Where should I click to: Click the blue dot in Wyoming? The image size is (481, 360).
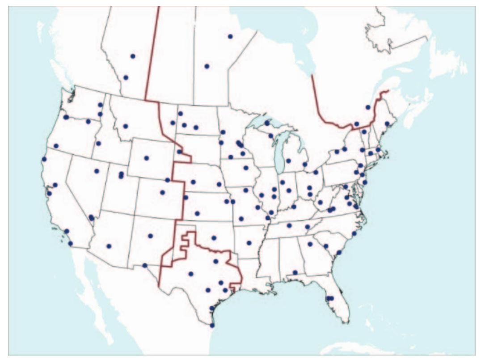click(x=146, y=158)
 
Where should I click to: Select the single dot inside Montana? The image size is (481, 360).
click(x=126, y=126)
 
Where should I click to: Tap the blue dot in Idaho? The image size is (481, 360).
click(x=98, y=144)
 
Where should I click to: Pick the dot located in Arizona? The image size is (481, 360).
click(x=109, y=246)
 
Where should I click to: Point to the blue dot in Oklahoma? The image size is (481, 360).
click(x=214, y=238)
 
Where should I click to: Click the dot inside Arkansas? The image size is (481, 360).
click(x=249, y=243)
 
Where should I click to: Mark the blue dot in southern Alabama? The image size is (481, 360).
click(x=295, y=272)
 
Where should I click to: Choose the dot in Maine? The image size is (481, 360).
click(x=387, y=123)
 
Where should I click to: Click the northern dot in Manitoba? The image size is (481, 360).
click(x=230, y=36)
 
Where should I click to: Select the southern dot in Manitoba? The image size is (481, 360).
click(x=207, y=66)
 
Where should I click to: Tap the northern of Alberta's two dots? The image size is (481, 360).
click(x=133, y=56)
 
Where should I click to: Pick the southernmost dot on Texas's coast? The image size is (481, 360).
click(x=212, y=325)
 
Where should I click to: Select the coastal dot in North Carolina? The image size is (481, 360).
click(x=354, y=233)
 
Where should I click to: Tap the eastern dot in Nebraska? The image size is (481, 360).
click(x=219, y=184)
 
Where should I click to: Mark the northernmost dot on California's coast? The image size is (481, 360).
click(x=44, y=159)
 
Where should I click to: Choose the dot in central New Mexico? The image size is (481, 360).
click(x=150, y=236)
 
